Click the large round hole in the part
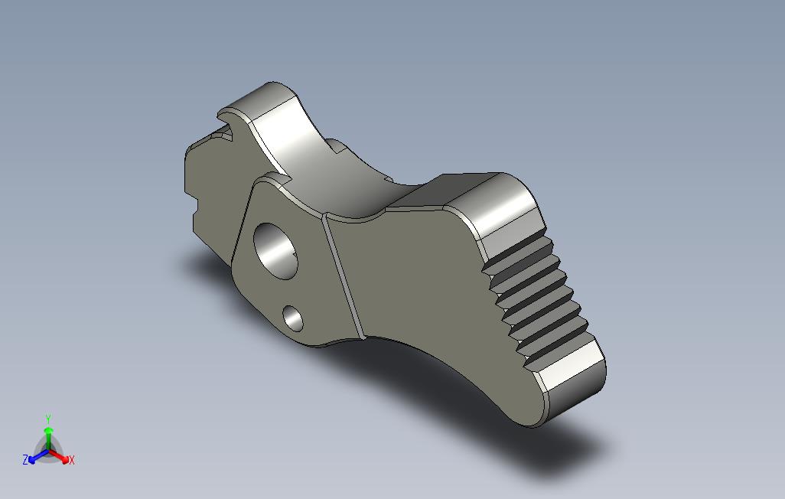(276, 251)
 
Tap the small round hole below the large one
(293, 318)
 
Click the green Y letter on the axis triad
(48, 419)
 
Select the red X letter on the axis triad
(72, 460)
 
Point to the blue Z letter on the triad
(25, 459)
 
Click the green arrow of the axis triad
(48, 439)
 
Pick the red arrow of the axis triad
(58, 455)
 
